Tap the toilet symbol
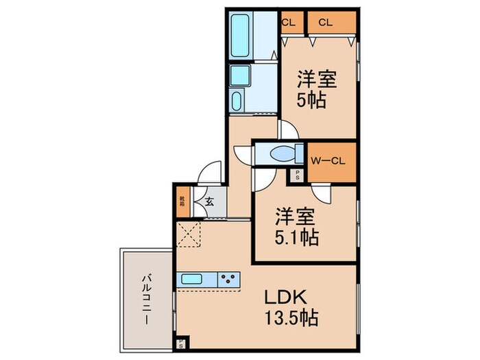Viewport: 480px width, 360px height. click(x=281, y=153)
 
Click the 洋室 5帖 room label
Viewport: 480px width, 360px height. click(x=315, y=89)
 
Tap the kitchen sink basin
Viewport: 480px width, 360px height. click(x=191, y=279)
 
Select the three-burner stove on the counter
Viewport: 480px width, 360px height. click(x=229, y=279)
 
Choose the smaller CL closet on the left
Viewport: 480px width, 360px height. click(x=288, y=22)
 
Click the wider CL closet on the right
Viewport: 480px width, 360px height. click(x=331, y=22)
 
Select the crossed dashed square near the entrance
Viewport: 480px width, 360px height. click(x=189, y=235)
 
